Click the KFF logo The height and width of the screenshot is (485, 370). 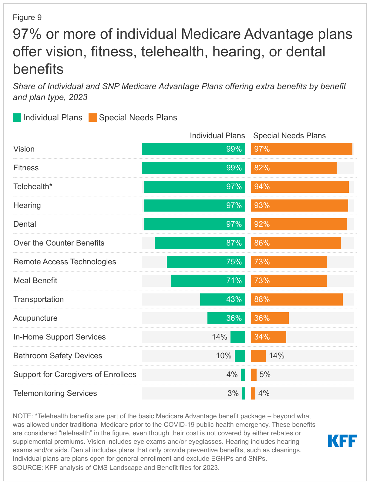click(x=342, y=440)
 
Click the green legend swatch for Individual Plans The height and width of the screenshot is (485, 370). click(x=17, y=118)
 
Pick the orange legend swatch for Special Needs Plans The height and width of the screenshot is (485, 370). click(x=93, y=118)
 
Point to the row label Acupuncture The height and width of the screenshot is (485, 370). click(x=35, y=318)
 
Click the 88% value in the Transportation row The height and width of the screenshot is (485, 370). click(x=262, y=299)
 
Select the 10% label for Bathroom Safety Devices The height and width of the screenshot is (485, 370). click(x=224, y=356)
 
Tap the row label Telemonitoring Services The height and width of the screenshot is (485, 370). click(x=55, y=393)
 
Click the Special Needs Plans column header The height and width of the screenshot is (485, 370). click(x=289, y=135)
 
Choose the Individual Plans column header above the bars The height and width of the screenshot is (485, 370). click(x=217, y=135)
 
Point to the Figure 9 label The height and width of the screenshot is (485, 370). click(x=27, y=18)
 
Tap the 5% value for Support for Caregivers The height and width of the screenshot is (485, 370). click(x=265, y=374)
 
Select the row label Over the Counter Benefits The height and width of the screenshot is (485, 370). click(x=59, y=243)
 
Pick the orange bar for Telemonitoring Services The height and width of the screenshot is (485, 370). click(x=253, y=393)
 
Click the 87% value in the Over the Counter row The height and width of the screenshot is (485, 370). click(x=234, y=243)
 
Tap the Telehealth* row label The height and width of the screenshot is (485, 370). click(x=33, y=186)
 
